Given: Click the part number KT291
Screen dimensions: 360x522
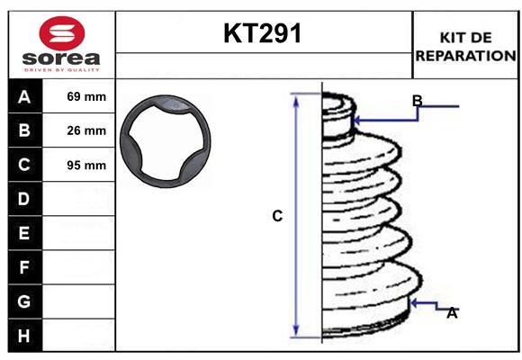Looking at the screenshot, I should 263,34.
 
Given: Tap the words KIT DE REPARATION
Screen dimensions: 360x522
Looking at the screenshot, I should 464,46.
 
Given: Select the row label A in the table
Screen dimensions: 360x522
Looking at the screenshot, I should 24,96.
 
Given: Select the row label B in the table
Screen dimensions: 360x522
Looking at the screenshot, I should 24,130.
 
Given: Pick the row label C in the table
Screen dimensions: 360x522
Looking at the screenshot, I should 24,165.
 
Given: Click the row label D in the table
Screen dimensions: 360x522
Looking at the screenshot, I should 24,199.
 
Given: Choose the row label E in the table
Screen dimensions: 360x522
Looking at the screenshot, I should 24,233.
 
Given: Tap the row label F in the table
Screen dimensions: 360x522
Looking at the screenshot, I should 24,267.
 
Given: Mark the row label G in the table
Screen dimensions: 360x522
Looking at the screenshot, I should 24,301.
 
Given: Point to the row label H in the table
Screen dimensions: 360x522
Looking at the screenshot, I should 24,336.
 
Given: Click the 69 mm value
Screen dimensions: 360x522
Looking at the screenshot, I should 86,96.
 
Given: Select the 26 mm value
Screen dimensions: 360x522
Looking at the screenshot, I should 86,130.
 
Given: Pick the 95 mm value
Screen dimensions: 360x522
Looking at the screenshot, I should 86,166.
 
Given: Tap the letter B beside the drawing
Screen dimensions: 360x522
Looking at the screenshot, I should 417,100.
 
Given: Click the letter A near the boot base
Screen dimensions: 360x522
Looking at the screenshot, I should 452,313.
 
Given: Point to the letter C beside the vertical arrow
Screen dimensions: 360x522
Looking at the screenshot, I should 277,216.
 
